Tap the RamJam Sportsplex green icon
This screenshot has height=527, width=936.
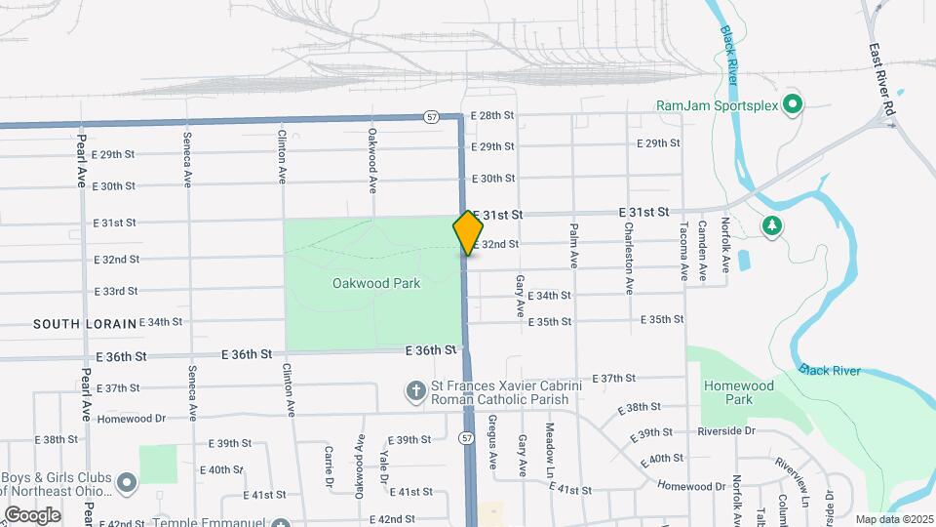point(794,103)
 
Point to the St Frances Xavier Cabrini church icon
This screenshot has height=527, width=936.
point(415,392)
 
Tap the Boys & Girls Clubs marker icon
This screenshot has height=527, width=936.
point(126,482)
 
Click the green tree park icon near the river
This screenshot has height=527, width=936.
point(772,226)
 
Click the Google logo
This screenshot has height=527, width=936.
point(32,514)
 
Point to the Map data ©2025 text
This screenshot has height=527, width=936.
point(893,519)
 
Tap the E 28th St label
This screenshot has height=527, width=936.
point(491,115)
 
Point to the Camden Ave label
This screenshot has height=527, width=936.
point(702,251)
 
